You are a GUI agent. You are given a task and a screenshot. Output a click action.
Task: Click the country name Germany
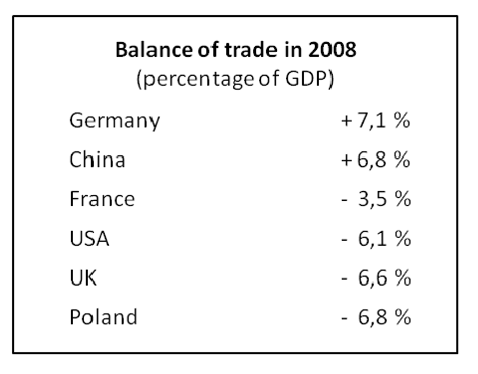[x=114, y=121]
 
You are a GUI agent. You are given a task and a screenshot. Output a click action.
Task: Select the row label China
[x=97, y=160]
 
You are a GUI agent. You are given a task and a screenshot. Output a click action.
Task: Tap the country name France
[x=102, y=199]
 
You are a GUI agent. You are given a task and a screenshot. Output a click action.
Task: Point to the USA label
[x=89, y=238]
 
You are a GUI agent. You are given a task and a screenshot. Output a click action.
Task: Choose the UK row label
[x=83, y=278]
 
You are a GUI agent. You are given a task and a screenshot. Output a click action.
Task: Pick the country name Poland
[x=103, y=317]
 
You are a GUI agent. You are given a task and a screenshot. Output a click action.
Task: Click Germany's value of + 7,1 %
[x=375, y=120]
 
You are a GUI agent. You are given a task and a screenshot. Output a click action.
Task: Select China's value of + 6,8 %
[x=375, y=160]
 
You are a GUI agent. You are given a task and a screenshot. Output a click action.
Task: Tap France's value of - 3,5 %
[x=376, y=199]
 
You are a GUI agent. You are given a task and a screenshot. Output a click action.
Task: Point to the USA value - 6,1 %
[x=376, y=238]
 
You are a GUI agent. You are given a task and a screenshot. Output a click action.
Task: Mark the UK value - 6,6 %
[x=376, y=278]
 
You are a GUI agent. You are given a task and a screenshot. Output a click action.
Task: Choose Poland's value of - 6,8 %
[x=376, y=317]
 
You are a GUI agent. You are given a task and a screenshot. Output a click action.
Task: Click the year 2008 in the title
[x=332, y=50]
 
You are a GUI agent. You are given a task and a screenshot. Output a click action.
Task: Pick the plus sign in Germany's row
[x=346, y=121]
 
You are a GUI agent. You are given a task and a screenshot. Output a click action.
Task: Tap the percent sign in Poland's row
[x=403, y=317]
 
